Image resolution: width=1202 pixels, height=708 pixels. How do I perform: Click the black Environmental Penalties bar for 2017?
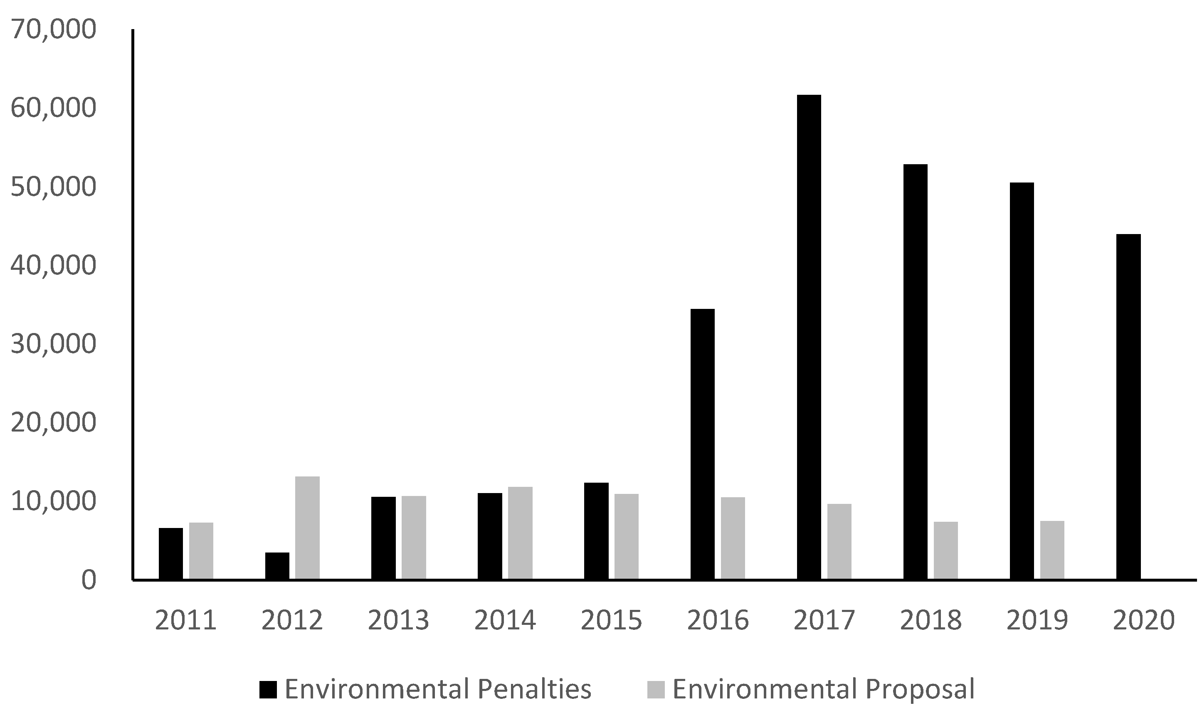[809, 337]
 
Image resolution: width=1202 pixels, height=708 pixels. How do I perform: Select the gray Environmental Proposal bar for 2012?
[307, 528]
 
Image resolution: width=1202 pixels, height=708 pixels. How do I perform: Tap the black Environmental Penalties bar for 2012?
[277, 566]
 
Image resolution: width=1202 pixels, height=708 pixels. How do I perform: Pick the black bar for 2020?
[1128, 407]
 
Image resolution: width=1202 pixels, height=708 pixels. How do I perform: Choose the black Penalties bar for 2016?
[703, 444]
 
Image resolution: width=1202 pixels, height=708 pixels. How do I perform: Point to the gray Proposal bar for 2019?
[1052, 550]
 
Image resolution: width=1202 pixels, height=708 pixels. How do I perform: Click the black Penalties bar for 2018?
[916, 372]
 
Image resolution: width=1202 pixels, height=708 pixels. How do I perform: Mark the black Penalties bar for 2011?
[171, 553]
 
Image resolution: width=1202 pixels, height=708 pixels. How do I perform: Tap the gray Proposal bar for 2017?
[839, 541]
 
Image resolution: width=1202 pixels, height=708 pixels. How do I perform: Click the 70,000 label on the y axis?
[52, 30]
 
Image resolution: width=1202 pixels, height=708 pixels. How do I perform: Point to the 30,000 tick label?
[52, 343]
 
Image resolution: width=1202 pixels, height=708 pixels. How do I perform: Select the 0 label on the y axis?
[88, 580]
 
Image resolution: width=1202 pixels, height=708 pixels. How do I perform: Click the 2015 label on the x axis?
[612, 621]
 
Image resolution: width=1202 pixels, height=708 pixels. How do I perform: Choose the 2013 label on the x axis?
[399, 621]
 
